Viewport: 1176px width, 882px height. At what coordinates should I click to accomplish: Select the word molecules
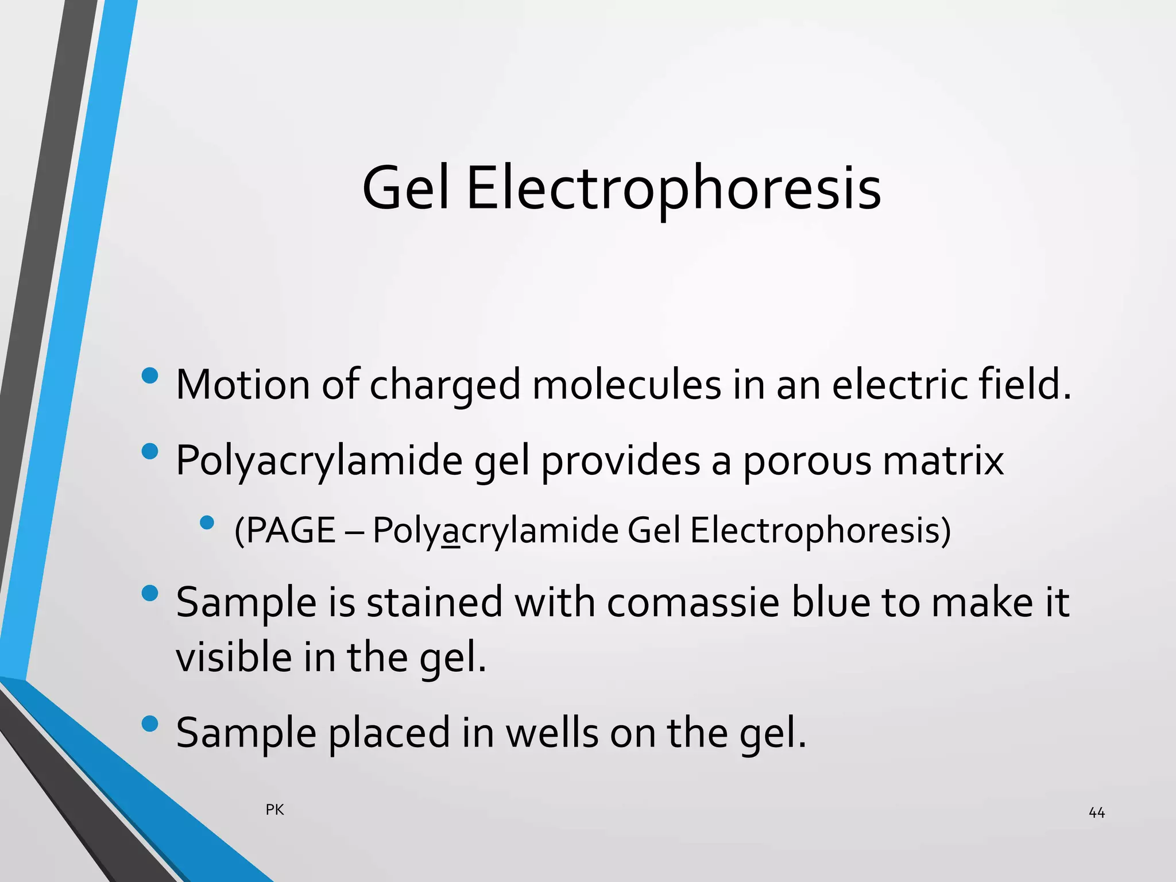click(x=626, y=384)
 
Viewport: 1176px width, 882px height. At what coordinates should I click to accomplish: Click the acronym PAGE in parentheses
click(x=288, y=530)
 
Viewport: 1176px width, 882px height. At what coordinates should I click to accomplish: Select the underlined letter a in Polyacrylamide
click(x=452, y=532)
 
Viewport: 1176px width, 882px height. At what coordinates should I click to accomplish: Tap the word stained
click(x=434, y=602)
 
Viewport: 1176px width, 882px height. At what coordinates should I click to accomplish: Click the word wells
click(x=552, y=733)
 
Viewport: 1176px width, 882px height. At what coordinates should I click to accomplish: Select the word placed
click(x=389, y=733)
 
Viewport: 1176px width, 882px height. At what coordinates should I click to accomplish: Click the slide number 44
click(x=1096, y=813)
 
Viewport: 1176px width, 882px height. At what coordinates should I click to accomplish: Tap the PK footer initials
click(x=275, y=810)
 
